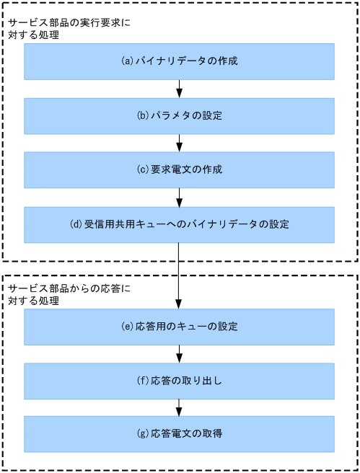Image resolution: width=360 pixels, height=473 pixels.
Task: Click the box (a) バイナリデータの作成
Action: [179, 61]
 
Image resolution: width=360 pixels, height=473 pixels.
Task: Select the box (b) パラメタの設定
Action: [179, 115]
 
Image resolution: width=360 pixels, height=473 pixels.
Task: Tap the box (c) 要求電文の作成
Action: [179, 170]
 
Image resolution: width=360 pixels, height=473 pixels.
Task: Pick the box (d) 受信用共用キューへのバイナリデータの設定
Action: [179, 224]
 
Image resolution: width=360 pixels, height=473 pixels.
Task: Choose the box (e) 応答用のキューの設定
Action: [179, 327]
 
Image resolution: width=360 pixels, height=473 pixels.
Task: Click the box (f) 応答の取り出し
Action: [179, 381]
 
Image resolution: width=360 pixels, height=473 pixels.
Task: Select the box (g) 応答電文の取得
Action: [179, 434]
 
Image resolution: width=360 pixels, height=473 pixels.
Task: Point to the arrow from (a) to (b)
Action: [179, 89]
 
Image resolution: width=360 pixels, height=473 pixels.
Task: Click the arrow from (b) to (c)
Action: [179, 143]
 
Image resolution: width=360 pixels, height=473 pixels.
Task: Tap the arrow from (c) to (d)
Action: [179, 198]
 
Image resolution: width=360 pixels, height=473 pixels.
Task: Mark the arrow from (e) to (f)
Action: [179, 354]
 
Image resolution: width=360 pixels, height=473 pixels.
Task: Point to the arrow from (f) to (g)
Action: [179, 407]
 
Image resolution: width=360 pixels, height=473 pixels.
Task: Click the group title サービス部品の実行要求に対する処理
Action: [69, 28]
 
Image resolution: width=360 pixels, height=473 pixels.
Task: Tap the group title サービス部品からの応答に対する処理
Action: [69, 295]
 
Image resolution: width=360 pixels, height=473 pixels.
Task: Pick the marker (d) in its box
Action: [76, 224]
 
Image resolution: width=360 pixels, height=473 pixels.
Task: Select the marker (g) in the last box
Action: [143, 434]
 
